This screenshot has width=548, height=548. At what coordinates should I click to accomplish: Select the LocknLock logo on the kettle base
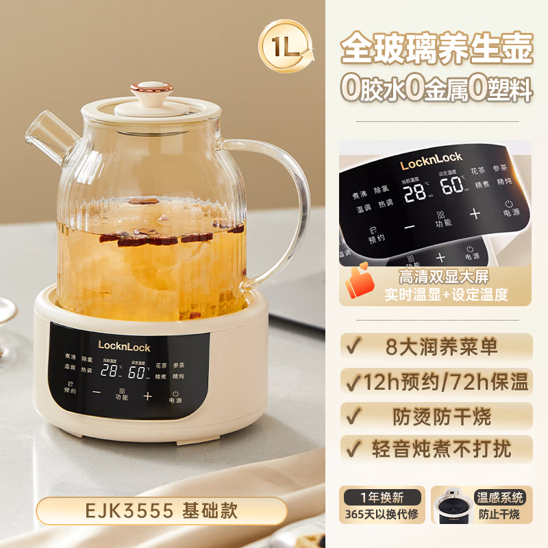tap(124, 347)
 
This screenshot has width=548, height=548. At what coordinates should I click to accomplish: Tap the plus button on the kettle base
tap(147, 395)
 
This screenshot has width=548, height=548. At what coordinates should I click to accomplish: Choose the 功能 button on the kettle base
tap(122, 394)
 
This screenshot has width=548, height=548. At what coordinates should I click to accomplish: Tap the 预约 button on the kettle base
tap(70, 387)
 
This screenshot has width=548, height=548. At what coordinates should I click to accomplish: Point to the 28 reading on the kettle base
tap(110, 371)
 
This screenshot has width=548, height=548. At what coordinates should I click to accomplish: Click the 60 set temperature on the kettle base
tap(137, 372)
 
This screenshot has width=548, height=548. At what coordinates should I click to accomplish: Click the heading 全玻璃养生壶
tap(436, 49)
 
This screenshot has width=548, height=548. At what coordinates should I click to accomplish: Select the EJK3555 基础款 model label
tap(161, 510)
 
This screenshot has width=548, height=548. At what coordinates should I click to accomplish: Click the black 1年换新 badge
tap(382, 497)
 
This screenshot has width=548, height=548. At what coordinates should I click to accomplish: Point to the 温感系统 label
tap(499, 497)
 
